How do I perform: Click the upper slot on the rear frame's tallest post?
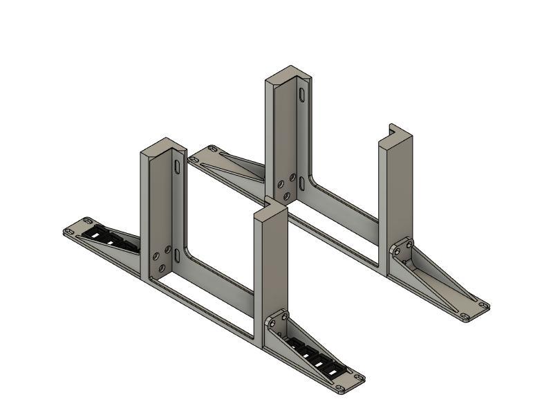[x=302, y=94]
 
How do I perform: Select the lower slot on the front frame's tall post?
[x=178, y=255]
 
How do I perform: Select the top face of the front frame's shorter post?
[x=270, y=207]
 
